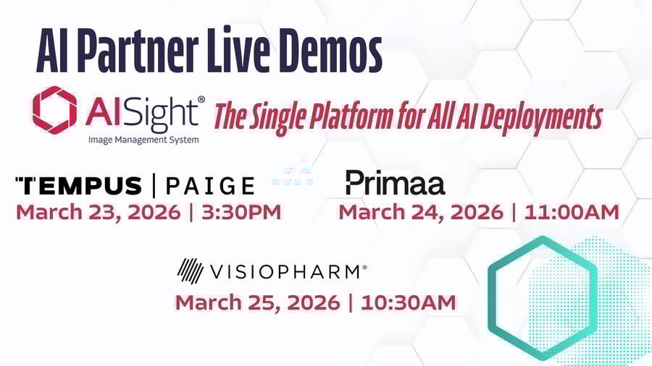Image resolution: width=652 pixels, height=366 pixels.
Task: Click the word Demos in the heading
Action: [330, 51]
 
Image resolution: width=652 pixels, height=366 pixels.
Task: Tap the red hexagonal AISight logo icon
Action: [55, 110]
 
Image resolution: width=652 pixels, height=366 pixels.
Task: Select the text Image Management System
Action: [143, 140]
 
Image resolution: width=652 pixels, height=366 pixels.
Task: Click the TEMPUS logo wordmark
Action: [78, 186]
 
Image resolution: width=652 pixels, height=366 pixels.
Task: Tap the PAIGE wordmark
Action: [210, 186]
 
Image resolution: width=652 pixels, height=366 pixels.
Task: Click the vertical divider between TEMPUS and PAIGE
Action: [154, 185]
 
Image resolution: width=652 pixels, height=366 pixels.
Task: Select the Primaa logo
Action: [396, 182]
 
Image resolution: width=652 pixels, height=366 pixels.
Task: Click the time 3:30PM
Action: [241, 212]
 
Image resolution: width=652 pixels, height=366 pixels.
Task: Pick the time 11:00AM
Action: [572, 212]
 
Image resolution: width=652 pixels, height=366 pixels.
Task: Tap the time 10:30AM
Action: [409, 302]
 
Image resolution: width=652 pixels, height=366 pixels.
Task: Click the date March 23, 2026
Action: [98, 213]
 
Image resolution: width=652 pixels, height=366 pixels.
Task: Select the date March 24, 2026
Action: [421, 213]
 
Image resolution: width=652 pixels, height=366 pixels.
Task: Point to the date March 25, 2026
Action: [257, 303]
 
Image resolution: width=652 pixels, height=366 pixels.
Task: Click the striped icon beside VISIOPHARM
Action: [190, 271]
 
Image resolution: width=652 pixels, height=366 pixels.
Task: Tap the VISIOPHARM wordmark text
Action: [285, 272]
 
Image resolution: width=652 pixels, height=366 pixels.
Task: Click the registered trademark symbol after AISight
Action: [201, 100]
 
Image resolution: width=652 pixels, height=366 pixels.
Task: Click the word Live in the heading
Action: [238, 51]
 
